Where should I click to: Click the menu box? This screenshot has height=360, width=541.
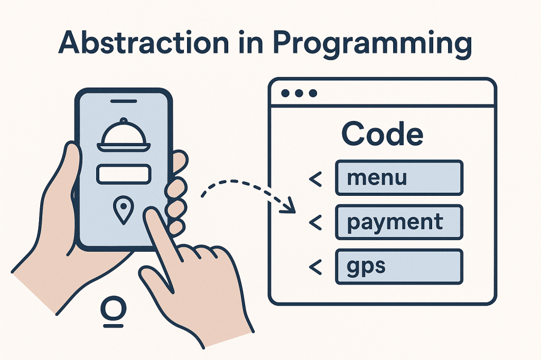399,178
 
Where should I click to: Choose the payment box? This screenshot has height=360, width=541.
399,222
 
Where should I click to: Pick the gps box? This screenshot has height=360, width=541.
399,266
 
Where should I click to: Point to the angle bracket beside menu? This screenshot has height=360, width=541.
315,179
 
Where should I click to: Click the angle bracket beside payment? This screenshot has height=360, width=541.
315,223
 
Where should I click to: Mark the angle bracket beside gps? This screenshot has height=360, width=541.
315,267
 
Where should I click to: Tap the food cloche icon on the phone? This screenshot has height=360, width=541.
125,137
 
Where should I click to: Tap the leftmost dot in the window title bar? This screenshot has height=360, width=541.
286,93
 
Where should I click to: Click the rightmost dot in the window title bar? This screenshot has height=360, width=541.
313,93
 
